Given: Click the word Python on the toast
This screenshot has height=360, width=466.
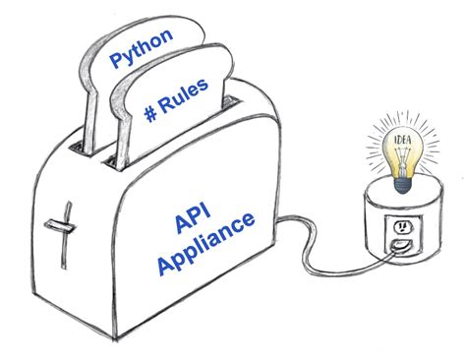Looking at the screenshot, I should [142, 52].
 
